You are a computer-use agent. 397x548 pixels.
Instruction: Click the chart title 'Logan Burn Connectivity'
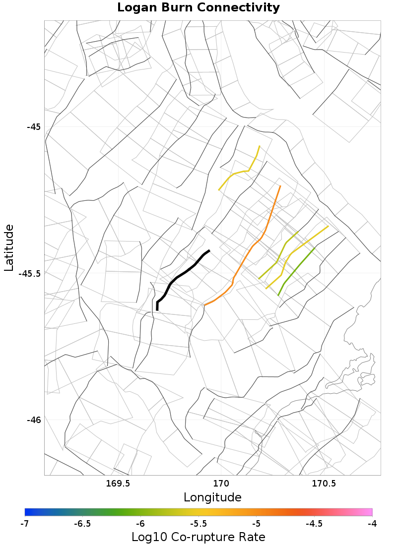[198, 8]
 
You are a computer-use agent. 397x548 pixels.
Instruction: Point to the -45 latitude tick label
[33, 126]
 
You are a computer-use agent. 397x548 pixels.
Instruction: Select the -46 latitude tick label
[33, 420]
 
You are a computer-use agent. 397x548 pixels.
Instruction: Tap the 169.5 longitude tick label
[118, 484]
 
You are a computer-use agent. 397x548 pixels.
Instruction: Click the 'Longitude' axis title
[212, 497]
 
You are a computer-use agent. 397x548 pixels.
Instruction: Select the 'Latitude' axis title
[9, 247]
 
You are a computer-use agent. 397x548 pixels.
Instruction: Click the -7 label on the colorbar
[25, 524]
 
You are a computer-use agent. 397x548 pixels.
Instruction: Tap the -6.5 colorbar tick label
[82, 524]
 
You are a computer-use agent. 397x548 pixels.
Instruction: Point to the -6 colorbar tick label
[140, 524]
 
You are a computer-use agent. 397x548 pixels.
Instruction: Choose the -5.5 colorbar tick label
[198, 524]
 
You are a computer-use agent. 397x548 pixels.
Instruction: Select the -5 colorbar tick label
[256, 524]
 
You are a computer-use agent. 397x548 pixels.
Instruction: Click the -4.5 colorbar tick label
[314, 524]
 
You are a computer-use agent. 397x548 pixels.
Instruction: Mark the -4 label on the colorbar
[372, 524]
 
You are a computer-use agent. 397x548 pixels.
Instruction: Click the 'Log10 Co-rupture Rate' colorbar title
[198, 537]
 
